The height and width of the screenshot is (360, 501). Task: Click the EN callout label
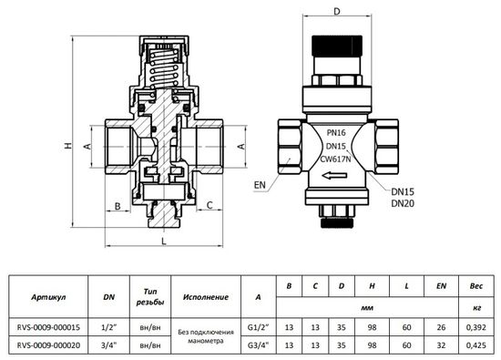(261, 185)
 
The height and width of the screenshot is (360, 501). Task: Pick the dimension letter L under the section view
(163, 243)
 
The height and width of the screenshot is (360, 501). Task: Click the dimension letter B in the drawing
(118, 206)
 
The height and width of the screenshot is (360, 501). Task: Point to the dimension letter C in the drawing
(210, 206)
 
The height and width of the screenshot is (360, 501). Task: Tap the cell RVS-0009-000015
(46, 326)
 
